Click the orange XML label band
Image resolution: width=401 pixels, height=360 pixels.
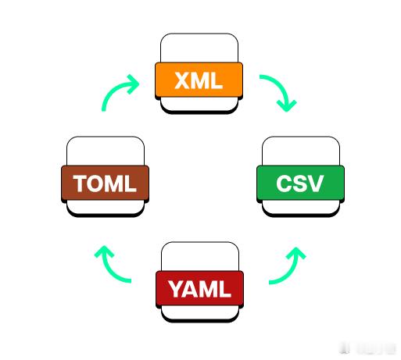[x=199, y=80]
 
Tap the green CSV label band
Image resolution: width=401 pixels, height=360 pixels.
[x=300, y=183]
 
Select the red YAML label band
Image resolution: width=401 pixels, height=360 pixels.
[x=199, y=288]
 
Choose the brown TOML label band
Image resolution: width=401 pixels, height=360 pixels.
[x=105, y=183]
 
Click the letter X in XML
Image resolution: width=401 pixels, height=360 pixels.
[x=182, y=80]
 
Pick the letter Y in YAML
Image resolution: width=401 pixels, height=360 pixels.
[x=178, y=289]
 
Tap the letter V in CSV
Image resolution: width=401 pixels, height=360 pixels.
[x=315, y=184]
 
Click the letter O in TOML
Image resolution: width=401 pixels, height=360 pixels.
[x=95, y=184]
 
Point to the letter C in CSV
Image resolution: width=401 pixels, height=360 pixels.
[x=284, y=184]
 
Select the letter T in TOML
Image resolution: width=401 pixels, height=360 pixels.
[x=80, y=184]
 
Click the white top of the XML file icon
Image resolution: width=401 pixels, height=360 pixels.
[x=199, y=48]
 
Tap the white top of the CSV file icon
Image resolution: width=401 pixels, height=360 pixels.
[x=301, y=151]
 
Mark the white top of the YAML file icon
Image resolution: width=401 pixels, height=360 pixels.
[x=200, y=257]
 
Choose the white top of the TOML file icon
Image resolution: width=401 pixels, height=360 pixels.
[x=106, y=151]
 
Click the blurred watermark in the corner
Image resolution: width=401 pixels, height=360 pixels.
[x=367, y=348]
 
